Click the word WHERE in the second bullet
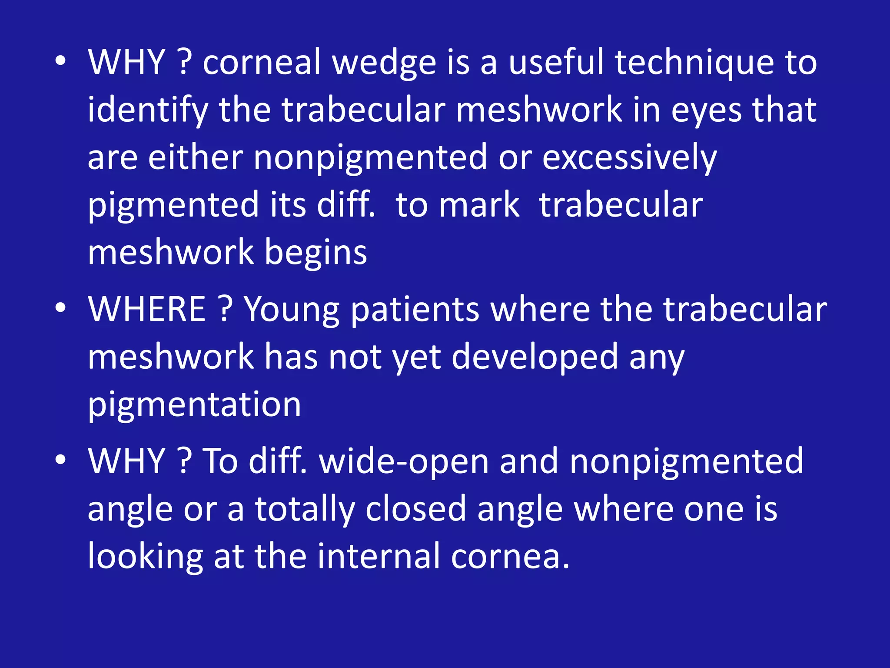point(147,309)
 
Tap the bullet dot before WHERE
point(61,308)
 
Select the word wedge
point(384,63)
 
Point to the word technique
point(694,63)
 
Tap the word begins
point(316,253)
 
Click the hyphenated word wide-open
point(404,462)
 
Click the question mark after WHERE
point(225,309)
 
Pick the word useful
point(556,63)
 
